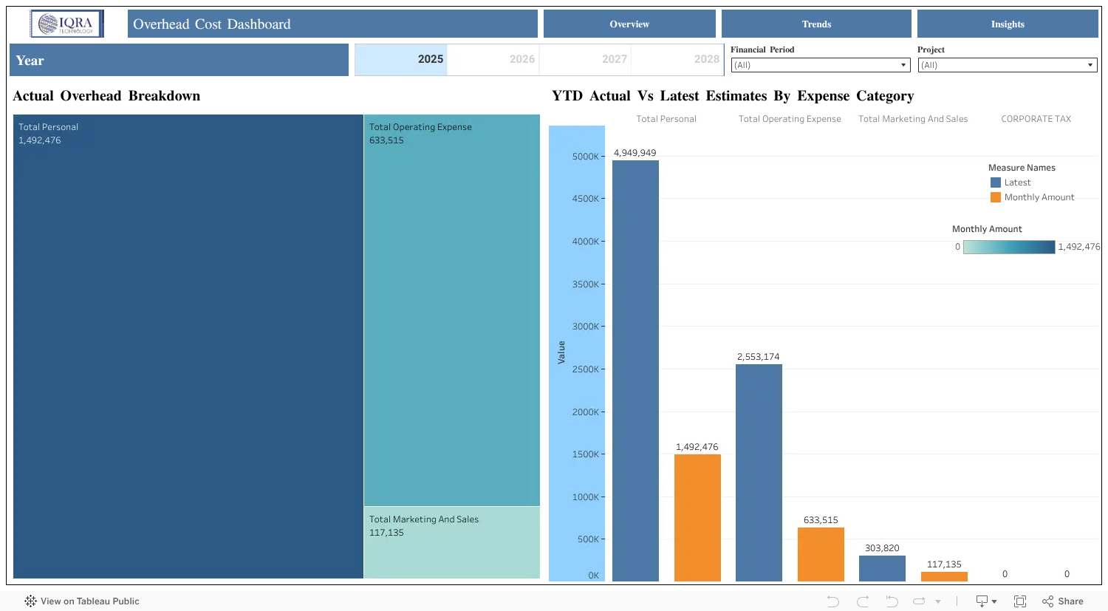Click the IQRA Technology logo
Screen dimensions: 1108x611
click(66, 24)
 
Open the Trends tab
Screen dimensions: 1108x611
click(816, 24)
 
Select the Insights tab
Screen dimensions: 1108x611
click(1008, 24)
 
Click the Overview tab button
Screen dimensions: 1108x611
click(629, 24)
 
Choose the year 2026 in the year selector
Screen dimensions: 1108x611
click(521, 59)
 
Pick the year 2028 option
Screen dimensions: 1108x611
click(706, 59)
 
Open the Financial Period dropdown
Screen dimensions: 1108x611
click(820, 65)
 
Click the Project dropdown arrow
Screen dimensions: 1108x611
click(1090, 65)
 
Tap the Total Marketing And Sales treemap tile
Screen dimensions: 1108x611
click(451, 542)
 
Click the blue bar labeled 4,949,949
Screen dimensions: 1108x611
click(635, 371)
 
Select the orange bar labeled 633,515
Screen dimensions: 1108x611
click(821, 554)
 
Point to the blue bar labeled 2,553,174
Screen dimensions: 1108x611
click(759, 473)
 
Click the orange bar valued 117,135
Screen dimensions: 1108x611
click(944, 576)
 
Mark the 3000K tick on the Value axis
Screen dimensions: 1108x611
click(603, 327)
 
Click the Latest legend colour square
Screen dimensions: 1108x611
click(995, 182)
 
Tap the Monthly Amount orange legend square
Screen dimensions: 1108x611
click(995, 197)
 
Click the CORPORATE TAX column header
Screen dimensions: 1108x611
click(1036, 119)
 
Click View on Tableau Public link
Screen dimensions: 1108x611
click(82, 601)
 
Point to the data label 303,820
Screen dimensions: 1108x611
click(882, 547)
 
